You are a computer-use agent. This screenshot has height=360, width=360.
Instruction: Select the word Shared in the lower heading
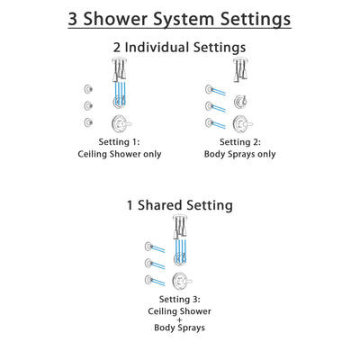pyautogui.click(x=176, y=205)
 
